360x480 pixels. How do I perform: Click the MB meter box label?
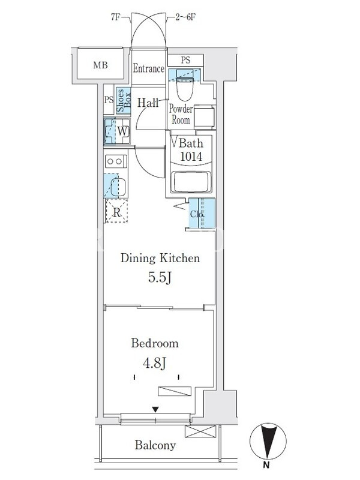tap(100, 65)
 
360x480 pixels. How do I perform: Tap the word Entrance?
tap(148, 68)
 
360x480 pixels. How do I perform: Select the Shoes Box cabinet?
tap(124, 100)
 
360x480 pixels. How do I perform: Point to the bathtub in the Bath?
tap(191, 182)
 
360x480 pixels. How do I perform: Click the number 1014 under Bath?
tap(191, 157)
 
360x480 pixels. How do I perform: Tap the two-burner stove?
tap(116, 161)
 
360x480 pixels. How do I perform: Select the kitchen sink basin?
tap(119, 187)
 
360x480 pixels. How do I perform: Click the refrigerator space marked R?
tap(116, 211)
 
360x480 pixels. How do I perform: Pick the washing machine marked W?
tap(117, 131)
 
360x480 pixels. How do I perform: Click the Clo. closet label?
tap(196, 214)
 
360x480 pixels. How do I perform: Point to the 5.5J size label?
tap(160, 277)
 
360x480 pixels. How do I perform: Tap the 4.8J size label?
tap(155, 363)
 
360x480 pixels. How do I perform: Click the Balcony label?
tap(155, 445)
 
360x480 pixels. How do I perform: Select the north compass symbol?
tap(268, 442)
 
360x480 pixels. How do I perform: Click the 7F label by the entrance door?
tap(115, 17)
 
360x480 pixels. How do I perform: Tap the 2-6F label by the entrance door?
tap(185, 17)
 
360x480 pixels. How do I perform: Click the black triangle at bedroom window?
tap(156, 409)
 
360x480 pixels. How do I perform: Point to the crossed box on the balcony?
tap(200, 431)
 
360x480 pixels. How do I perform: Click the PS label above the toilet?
tap(185, 60)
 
